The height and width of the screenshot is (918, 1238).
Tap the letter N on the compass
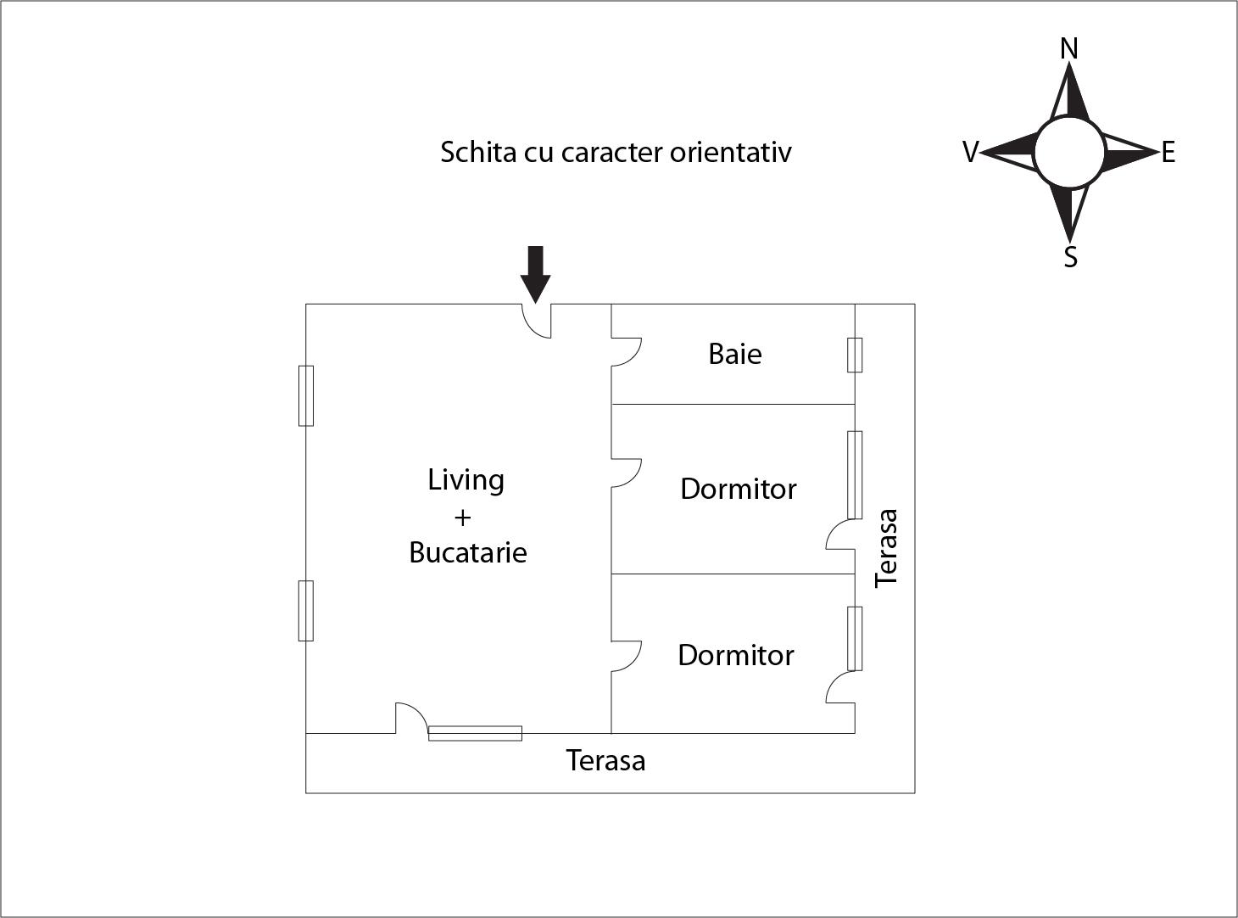pyautogui.click(x=1069, y=49)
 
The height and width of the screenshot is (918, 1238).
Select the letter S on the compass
pyautogui.click(x=1070, y=256)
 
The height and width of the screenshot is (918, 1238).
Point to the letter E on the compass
pyautogui.click(x=1168, y=153)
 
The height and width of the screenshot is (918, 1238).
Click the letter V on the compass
pyautogui.click(x=971, y=153)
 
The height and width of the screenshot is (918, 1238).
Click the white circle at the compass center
pyautogui.click(x=1069, y=153)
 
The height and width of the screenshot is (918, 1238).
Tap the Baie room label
pyautogui.click(x=734, y=354)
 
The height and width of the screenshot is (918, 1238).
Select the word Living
pyautogui.click(x=466, y=480)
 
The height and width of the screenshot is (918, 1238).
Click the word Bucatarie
pyautogui.click(x=467, y=552)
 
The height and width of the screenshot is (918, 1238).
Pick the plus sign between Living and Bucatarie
pyautogui.click(x=462, y=517)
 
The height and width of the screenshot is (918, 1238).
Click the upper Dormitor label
pyautogui.click(x=738, y=489)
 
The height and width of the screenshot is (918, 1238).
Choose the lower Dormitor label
pyautogui.click(x=735, y=655)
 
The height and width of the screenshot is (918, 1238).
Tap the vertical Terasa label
pyautogui.click(x=886, y=547)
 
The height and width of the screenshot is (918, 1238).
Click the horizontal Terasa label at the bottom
pyautogui.click(x=605, y=760)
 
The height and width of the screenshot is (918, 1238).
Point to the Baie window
pyautogui.click(x=855, y=355)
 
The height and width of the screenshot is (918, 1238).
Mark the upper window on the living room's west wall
pyautogui.click(x=306, y=395)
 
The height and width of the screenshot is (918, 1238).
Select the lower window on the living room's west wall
pyautogui.click(x=306, y=611)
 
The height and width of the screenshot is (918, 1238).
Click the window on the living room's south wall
pyautogui.click(x=475, y=733)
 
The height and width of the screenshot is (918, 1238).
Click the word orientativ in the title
pyautogui.click(x=730, y=153)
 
